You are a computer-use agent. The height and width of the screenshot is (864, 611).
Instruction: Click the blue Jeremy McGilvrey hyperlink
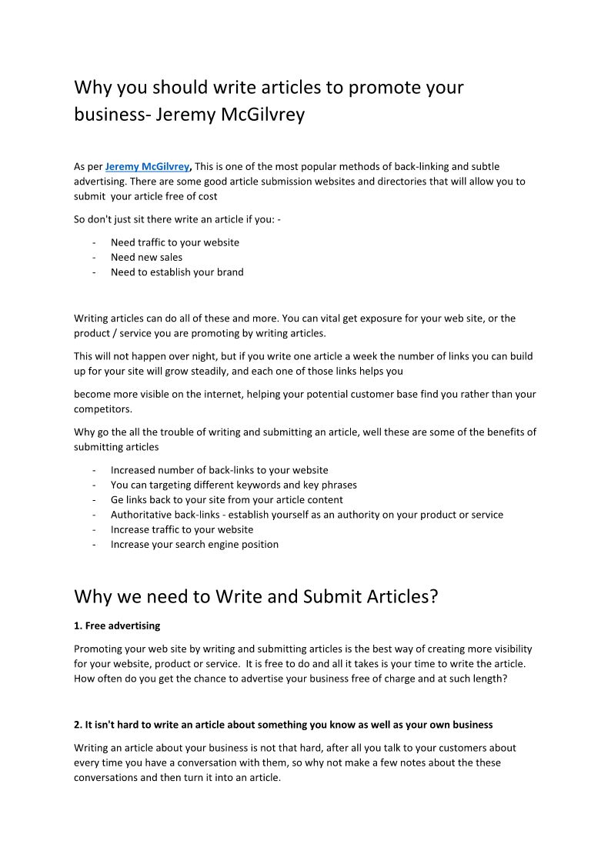coord(146,166)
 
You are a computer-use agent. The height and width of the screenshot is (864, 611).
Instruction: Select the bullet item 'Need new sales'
coord(146,257)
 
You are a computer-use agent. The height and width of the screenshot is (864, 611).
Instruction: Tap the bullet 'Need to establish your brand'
coord(177,272)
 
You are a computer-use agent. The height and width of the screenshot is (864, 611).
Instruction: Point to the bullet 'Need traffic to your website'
coord(175,242)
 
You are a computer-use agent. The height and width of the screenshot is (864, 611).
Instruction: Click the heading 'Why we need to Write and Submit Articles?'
coord(255,596)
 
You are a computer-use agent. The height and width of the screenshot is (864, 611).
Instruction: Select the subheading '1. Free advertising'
coord(117,625)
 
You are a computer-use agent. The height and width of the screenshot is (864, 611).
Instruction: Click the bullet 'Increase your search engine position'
coord(195,544)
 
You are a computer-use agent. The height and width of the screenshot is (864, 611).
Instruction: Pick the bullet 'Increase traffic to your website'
coord(182,529)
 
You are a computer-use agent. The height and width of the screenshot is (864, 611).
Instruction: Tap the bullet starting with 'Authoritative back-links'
coord(306,515)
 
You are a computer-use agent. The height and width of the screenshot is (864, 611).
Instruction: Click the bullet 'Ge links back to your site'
coord(226,499)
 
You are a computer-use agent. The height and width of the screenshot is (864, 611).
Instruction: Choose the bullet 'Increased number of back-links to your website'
coord(219,470)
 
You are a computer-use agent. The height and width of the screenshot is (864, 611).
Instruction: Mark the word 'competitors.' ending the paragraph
coord(103,409)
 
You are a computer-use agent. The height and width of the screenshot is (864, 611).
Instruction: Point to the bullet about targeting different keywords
coord(233,485)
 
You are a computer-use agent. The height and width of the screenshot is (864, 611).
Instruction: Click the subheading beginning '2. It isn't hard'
coord(283,725)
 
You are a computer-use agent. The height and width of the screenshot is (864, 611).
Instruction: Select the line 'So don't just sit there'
coord(177,219)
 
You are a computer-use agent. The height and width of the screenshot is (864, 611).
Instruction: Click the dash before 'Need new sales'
coord(93,257)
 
